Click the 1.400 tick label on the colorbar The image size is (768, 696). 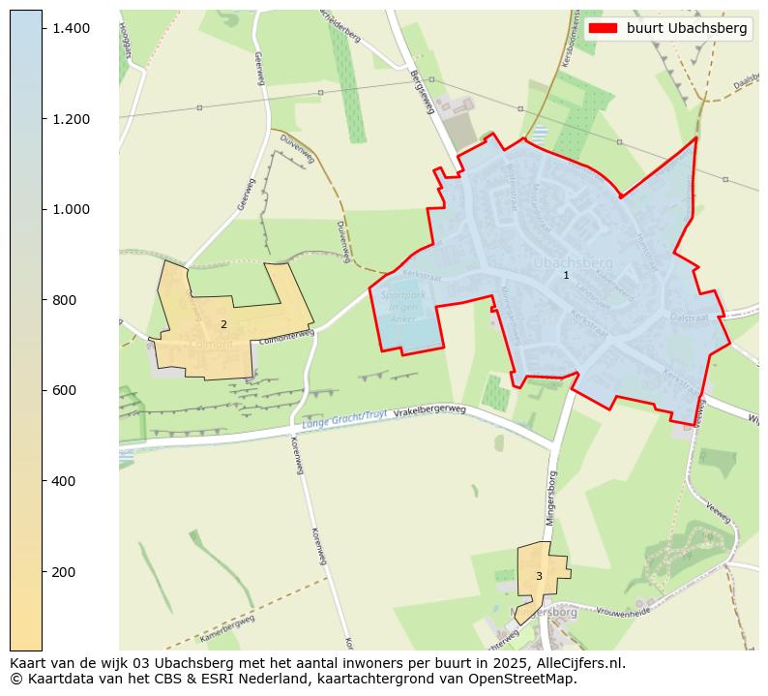pyautogui.click(x=72, y=28)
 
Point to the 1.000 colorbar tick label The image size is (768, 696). pyautogui.click(x=72, y=209)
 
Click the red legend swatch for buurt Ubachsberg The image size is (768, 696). pyautogui.click(x=603, y=29)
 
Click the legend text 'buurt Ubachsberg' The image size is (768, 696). pyautogui.click(x=687, y=29)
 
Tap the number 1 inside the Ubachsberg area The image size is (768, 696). pyautogui.click(x=566, y=276)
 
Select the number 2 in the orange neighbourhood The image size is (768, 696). pyautogui.click(x=223, y=325)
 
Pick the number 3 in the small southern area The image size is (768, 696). pyautogui.click(x=539, y=577)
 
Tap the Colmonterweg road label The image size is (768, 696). pyautogui.click(x=287, y=335)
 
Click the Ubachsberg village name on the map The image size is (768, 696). pyautogui.click(x=573, y=262)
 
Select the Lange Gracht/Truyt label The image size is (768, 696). pyautogui.click(x=343, y=418)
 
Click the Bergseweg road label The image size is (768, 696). pyautogui.click(x=422, y=92)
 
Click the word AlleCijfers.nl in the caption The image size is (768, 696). pyautogui.click(x=576, y=664)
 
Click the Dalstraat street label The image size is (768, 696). pyautogui.click(x=690, y=317)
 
